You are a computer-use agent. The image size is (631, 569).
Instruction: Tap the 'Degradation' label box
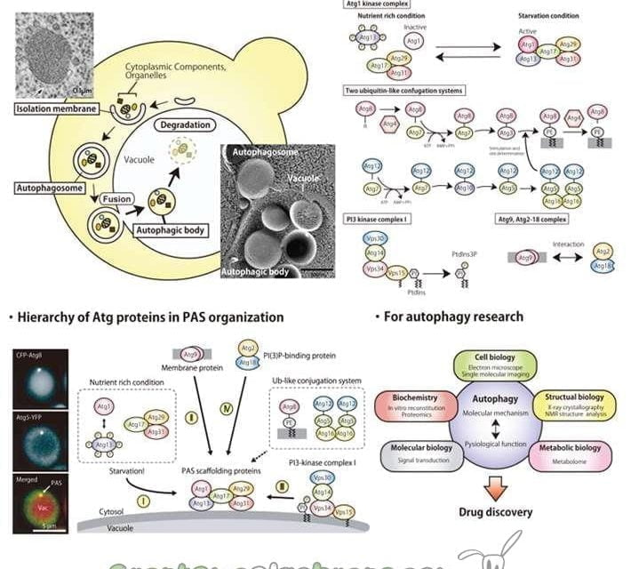[x=181, y=125]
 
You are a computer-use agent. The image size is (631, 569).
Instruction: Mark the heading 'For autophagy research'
[x=452, y=317]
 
